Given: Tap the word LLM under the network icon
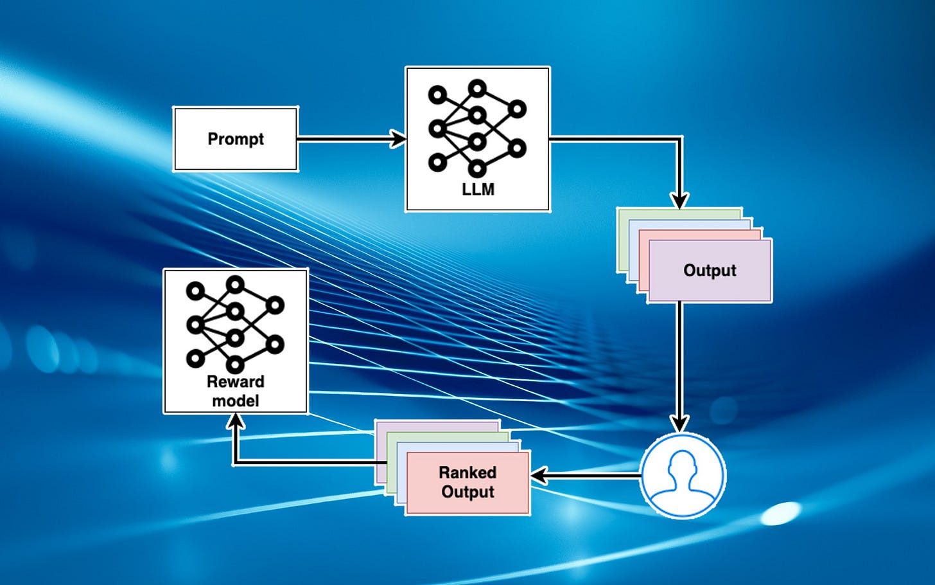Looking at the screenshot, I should click(x=478, y=190).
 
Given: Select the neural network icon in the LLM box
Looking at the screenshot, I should click(x=476, y=128).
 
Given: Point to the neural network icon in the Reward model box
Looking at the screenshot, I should click(x=235, y=324).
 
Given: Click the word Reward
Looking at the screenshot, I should click(x=235, y=381).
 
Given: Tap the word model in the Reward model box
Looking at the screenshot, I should click(x=235, y=401).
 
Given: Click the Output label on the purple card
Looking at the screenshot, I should click(x=710, y=270).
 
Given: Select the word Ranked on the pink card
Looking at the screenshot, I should click(x=468, y=473).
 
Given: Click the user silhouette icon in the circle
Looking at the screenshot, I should click(x=683, y=475).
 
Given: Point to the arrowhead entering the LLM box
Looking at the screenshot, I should click(x=399, y=138).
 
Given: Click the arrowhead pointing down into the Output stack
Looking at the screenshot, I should click(x=679, y=200).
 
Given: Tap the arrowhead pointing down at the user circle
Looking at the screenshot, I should click(x=679, y=424).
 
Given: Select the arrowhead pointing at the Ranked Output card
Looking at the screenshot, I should click(x=538, y=476).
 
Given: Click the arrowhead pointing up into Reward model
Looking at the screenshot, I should click(x=236, y=422).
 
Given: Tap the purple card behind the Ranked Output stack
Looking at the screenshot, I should click(x=437, y=426).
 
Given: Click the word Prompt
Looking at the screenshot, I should click(x=236, y=139).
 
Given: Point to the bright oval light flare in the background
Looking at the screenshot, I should click(x=780, y=512).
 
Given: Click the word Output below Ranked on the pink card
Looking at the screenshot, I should click(x=468, y=492).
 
